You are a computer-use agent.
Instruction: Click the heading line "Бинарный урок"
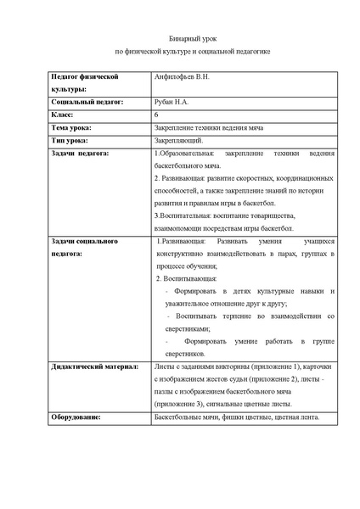point(179,40)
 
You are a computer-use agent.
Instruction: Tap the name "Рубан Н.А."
point(172,101)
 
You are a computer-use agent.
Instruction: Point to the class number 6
point(156,114)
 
